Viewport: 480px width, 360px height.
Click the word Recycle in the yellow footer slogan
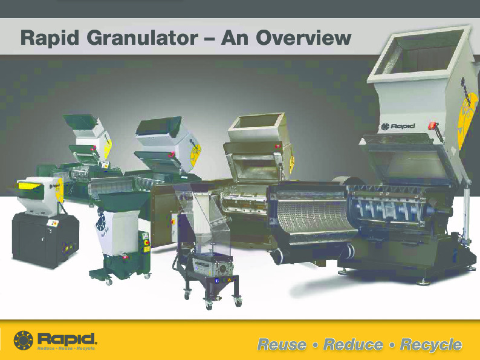[431, 344]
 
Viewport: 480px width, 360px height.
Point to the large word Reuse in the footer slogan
[282, 344]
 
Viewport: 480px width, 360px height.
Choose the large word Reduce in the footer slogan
[353, 344]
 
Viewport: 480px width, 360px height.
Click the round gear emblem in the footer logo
[24, 340]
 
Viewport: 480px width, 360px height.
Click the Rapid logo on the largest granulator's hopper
[394, 126]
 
